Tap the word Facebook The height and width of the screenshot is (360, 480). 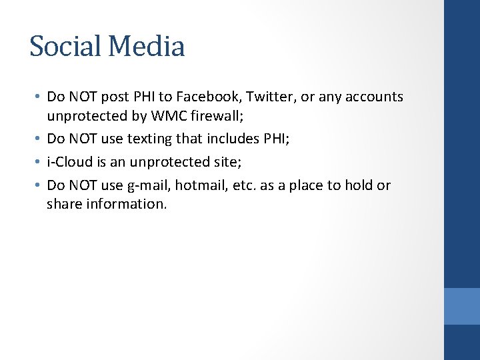pos(204,97)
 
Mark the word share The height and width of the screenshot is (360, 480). pos(63,204)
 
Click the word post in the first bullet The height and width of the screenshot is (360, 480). pos(115,97)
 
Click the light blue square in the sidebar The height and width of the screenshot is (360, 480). pos(461,306)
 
